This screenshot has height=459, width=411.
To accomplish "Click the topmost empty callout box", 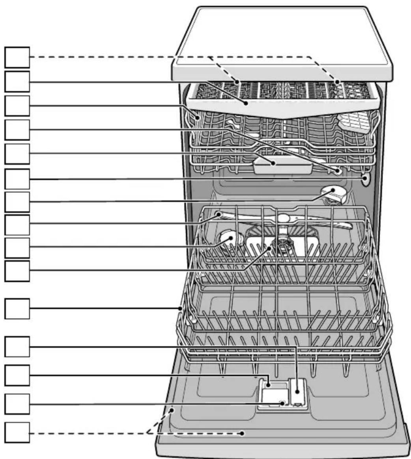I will point(17,58).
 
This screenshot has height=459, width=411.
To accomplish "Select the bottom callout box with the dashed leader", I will point(17,433).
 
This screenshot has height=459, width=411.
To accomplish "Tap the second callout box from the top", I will point(17,82).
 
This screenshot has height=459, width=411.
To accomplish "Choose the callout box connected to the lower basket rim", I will point(17,308).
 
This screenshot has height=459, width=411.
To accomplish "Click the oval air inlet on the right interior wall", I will point(366,179).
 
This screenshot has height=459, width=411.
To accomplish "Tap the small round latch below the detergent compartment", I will point(282,403).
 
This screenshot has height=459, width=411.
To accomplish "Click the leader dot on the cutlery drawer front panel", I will point(247,103).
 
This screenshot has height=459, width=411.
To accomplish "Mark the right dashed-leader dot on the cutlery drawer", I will point(338,82).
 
